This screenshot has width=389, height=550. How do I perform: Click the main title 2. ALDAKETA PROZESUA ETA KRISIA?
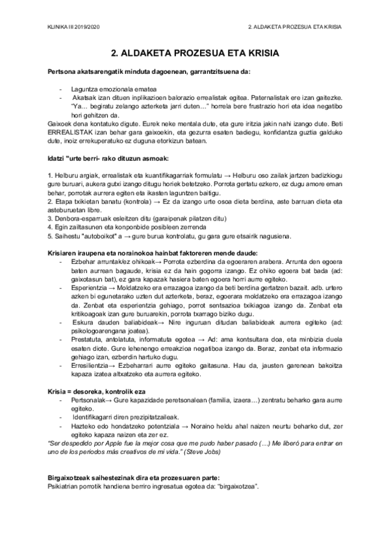pos(194,54)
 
